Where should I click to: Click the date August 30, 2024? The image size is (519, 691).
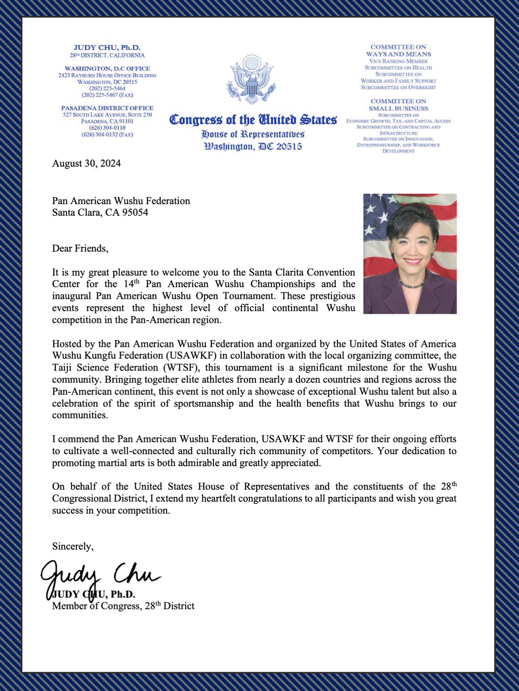pos(86,163)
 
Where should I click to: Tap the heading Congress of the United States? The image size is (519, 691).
pos(253,120)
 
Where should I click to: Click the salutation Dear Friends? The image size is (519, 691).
pos(80,248)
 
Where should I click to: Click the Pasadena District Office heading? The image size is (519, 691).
pos(107,108)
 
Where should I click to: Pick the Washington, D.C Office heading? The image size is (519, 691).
pos(107,69)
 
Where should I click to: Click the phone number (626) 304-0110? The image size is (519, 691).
pos(107,128)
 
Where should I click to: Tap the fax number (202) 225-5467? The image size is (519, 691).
pos(107,95)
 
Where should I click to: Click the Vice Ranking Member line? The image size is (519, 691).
pos(398,61)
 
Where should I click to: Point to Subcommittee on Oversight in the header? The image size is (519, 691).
pos(398,87)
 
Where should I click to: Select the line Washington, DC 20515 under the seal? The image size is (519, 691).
pos(253,147)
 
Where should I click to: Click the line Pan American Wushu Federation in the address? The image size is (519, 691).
pos(121,201)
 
